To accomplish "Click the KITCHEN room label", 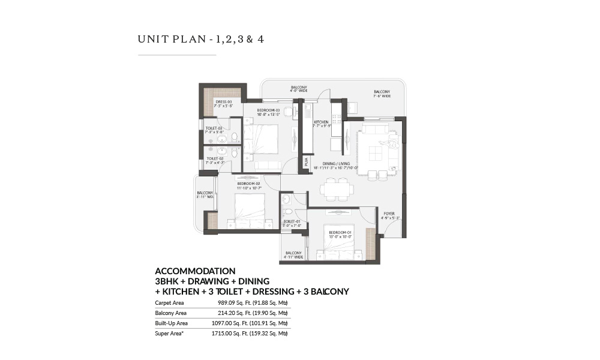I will click(321, 122).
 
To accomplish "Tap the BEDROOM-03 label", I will click(269, 111).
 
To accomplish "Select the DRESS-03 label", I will click(223, 103).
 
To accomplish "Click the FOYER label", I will click(389, 212).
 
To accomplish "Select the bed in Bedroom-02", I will click(246, 212).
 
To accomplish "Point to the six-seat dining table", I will click(336, 189).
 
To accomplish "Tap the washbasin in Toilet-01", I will click(286, 199).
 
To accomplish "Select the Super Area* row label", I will click(169, 333).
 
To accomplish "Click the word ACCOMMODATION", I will click(195, 271).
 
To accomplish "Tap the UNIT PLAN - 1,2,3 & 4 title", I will click(201, 40).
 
